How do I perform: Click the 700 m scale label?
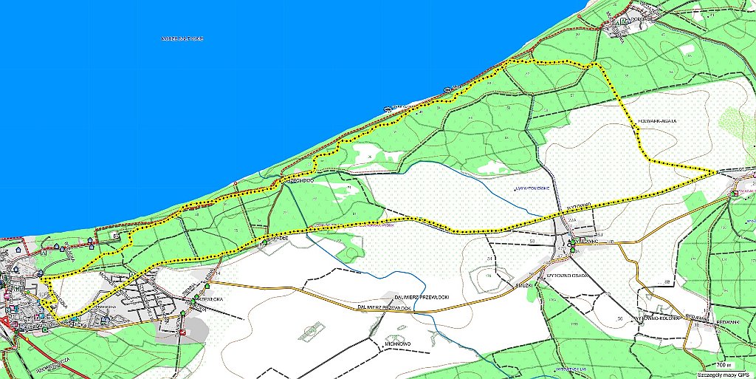[724, 365]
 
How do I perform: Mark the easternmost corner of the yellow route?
[718, 171]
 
